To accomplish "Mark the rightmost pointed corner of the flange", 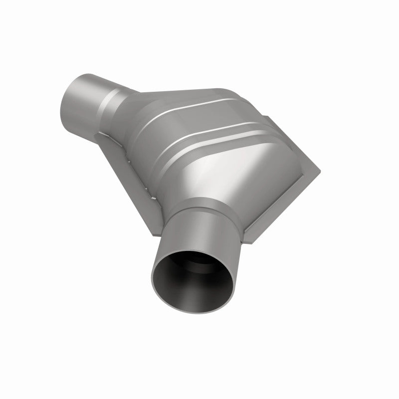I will click(x=320, y=170).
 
